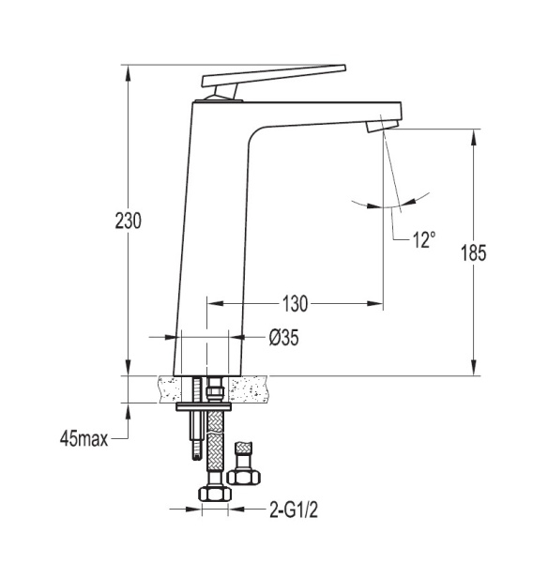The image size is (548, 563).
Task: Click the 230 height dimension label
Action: (129, 221)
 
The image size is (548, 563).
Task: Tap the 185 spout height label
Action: (473, 252)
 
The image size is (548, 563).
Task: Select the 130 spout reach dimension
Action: (295, 304)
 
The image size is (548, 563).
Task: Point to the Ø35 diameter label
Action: (283, 338)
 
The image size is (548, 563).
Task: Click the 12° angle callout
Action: (424, 239)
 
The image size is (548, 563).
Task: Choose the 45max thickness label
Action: (84, 438)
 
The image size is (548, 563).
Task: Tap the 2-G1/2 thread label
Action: (294, 510)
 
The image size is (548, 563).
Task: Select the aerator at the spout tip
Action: (382, 126)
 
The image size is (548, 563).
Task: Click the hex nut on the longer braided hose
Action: (215, 494)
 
